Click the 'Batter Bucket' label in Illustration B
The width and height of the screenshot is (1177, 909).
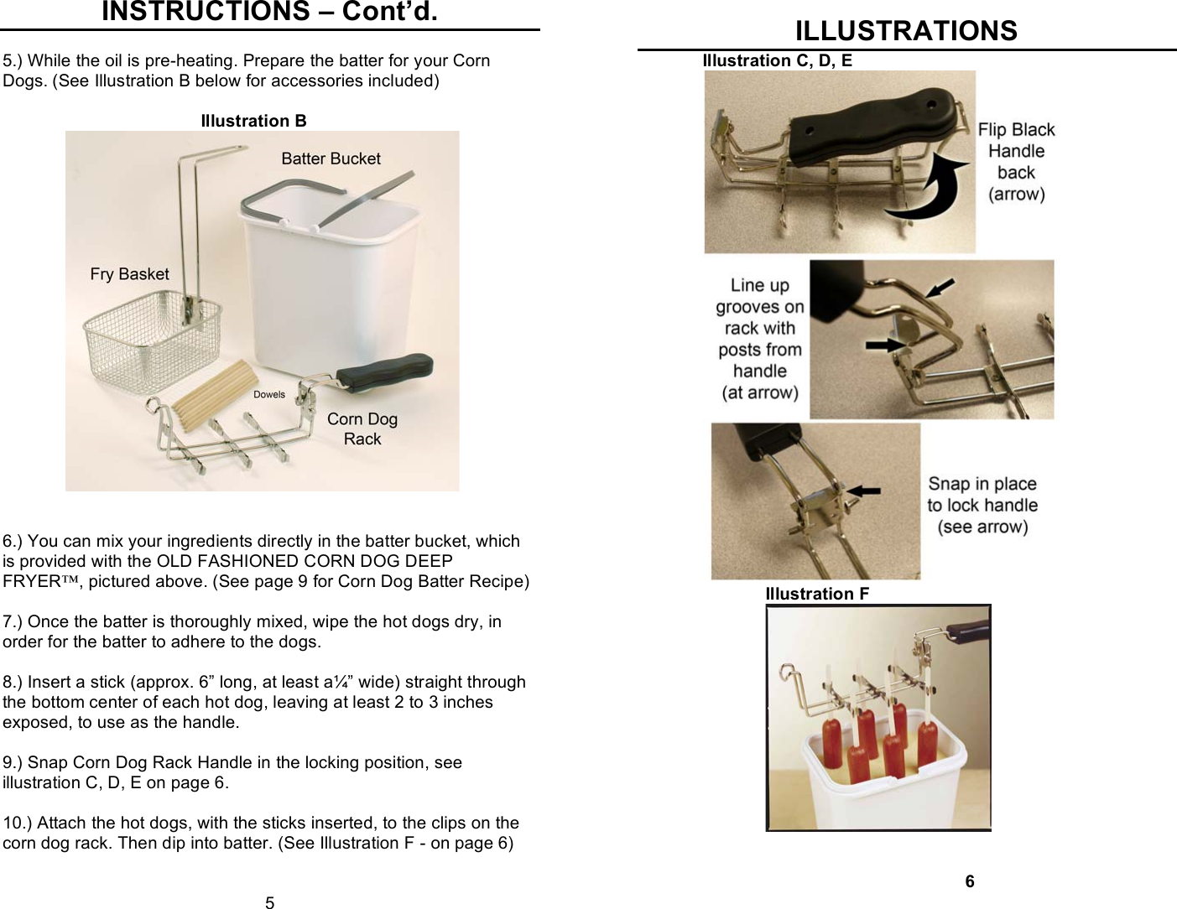[331, 158]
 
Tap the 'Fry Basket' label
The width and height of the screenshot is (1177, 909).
[129, 274]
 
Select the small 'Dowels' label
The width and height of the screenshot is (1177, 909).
[269, 394]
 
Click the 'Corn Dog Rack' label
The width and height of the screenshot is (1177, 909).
[362, 429]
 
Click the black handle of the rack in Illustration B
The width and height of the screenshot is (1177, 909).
[386, 372]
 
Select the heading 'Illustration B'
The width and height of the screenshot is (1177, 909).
[253, 121]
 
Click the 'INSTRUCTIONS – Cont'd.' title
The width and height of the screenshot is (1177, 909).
[269, 12]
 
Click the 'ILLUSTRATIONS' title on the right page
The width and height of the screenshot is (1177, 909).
[906, 31]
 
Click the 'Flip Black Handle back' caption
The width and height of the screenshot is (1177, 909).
[1016, 162]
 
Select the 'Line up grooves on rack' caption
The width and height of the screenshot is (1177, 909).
[760, 339]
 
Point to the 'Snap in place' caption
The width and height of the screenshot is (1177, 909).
[982, 505]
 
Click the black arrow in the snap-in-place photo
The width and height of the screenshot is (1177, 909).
[864, 490]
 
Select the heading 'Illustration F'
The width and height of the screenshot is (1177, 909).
[817, 594]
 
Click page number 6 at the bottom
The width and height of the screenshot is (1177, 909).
[970, 880]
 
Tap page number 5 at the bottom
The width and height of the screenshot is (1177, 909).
[269, 902]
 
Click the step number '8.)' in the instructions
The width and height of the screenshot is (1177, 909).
[13, 682]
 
